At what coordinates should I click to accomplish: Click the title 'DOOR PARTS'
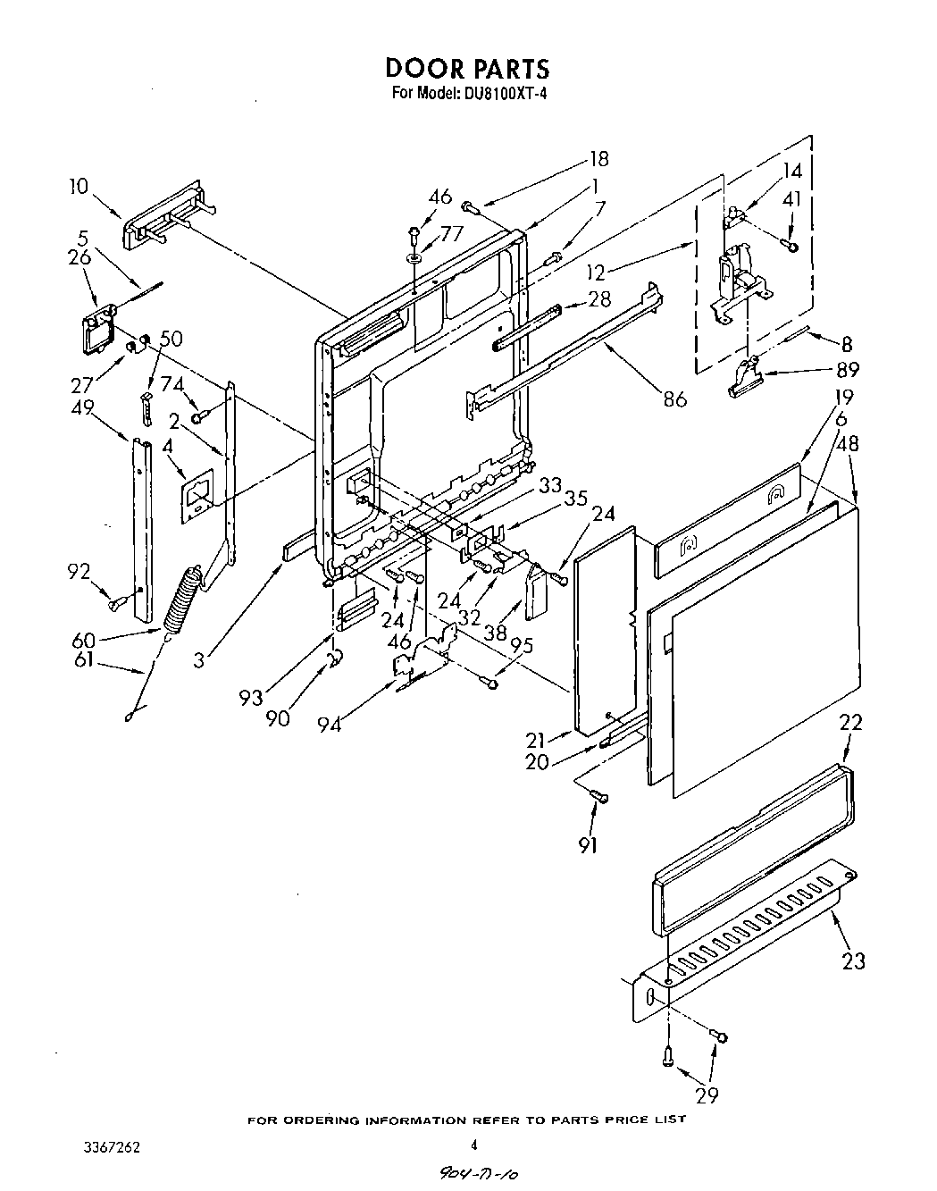pyautogui.click(x=467, y=68)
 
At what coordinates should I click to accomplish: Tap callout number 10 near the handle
pyautogui.click(x=79, y=187)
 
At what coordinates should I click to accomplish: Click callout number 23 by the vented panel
pyautogui.click(x=853, y=961)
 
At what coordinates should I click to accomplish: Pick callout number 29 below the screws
pyautogui.click(x=705, y=1095)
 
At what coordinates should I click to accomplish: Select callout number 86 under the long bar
pyautogui.click(x=674, y=399)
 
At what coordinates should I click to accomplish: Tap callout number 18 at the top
pyautogui.click(x=598, y=159)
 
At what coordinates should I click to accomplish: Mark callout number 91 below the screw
pyautogui.click(x=587, y=844)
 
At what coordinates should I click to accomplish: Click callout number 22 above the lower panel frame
pyautogui.click(x=850, y=723)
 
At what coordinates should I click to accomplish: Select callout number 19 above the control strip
pyautogui.click(x=843, y=398)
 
